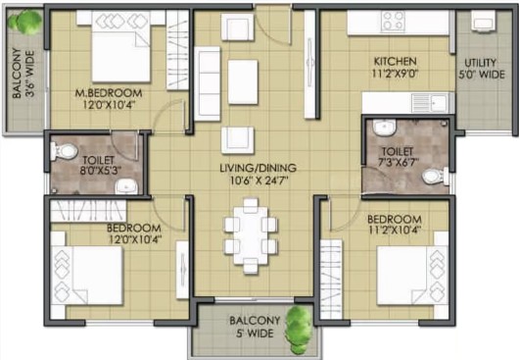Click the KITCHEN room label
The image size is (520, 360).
point(395,62)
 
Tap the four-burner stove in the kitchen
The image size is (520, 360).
point(394,22)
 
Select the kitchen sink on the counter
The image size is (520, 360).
point(430,103)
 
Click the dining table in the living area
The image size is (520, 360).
point(251,235)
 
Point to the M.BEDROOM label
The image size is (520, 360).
point(109,93)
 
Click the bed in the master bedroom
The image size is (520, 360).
point(120,46)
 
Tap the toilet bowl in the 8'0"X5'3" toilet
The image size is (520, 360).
point(65,151)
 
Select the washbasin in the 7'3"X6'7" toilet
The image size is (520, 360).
point(385,128)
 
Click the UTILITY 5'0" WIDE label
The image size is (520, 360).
point(482,69)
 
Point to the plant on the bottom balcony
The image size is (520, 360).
point(298,330)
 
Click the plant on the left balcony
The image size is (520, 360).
point(24,22)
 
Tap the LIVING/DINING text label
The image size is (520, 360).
point(258,168)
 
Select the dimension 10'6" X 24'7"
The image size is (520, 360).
point(259,181)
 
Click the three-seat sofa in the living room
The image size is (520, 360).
point(208,83)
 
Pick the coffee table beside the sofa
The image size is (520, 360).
point(243,82)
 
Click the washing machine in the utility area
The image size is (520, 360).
point(483,21)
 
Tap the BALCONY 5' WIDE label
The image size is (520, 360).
point(255,327)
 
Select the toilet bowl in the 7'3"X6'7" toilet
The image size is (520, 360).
point(436,176)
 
